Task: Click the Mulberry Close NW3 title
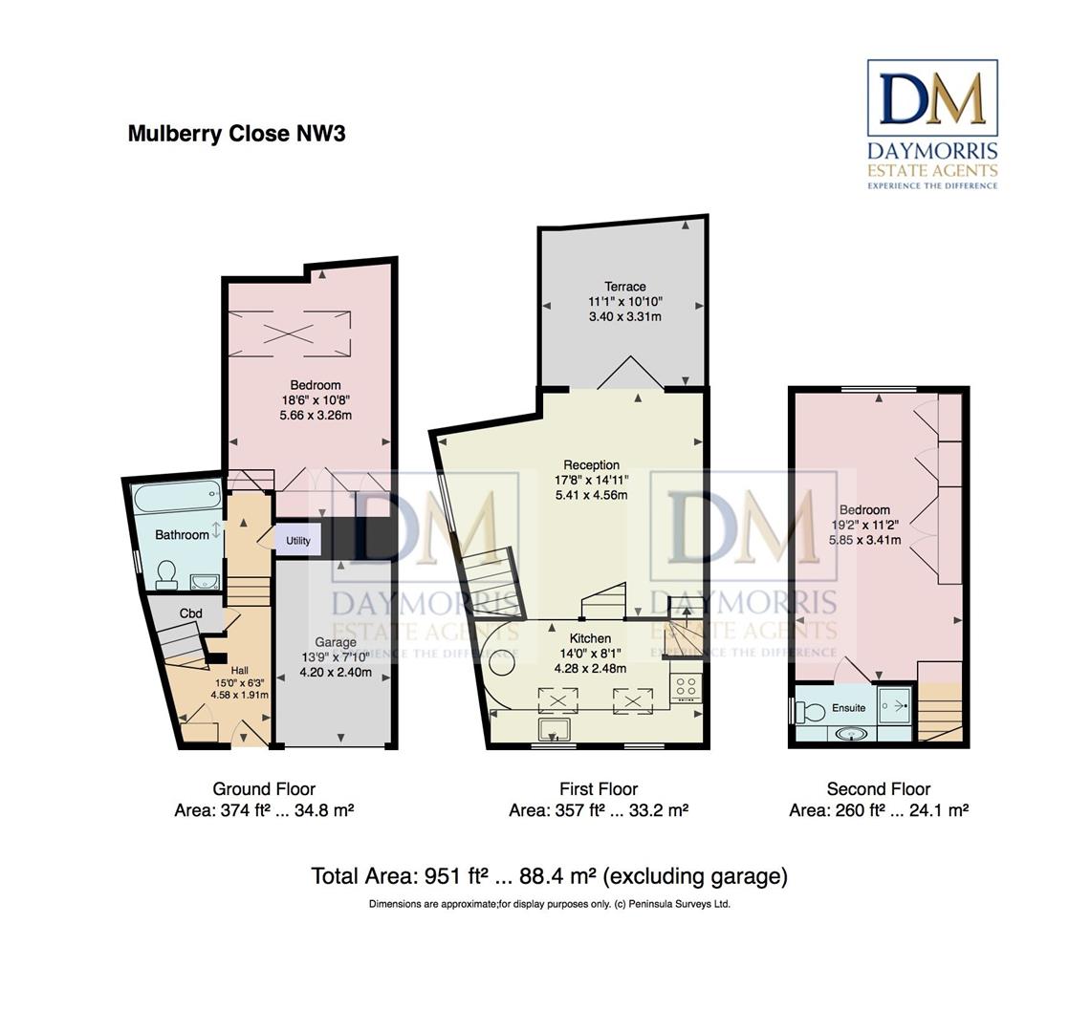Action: tap(236, 134)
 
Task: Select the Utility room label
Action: tap(297, 540)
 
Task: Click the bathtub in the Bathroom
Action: tap(178, 499)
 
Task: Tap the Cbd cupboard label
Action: tap(190, 613)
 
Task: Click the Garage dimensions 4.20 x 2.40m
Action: tap(336, 673)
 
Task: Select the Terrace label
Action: tap(624, 287)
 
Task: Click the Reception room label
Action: tap(592, 465)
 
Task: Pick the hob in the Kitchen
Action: tap(686, 686)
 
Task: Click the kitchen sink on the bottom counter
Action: tap(555, 729)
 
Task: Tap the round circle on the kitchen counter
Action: tap(502, 661)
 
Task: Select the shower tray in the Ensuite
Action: tap(894, 706)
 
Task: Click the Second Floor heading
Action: tap(878, 789)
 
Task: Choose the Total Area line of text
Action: tap(549, 876)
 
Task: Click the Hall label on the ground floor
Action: tap(240, 671)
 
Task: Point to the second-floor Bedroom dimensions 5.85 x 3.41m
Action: tap(865, 540)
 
